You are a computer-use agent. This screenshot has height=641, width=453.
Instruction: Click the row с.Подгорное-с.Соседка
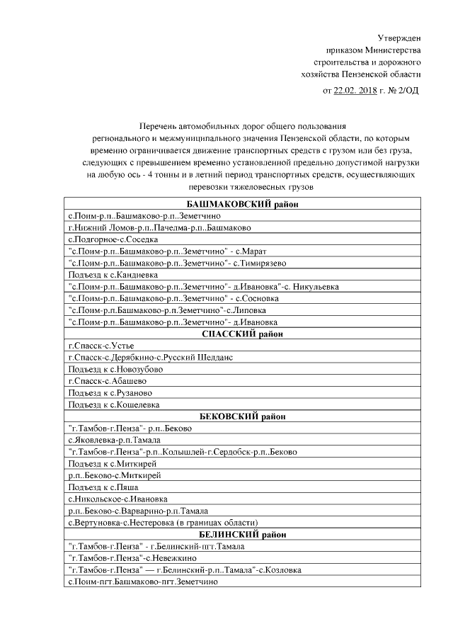[x=113, y=239]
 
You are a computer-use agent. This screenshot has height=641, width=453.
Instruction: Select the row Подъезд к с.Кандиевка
[x=112, y=275]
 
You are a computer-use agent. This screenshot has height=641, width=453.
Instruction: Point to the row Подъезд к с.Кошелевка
[x=113, y=404]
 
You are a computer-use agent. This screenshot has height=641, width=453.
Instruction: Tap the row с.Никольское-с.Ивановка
[x=117, y=499]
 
